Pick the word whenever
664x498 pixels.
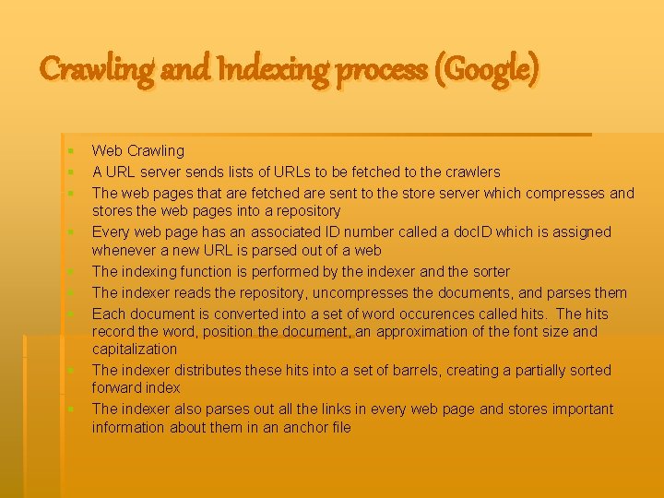pos(125,250)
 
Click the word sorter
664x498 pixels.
pos(486,271)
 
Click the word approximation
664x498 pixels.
pos(416,331)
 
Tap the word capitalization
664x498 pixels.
pos(134,349)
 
